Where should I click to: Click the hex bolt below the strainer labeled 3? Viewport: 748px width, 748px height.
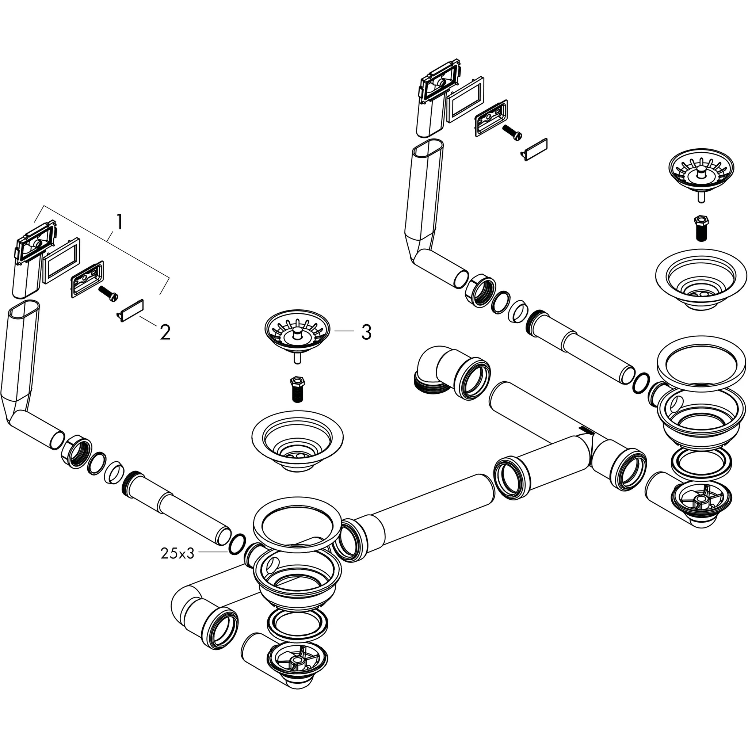297,389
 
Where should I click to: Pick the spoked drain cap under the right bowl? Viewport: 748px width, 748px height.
701,503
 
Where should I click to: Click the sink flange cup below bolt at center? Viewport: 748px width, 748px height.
297,440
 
